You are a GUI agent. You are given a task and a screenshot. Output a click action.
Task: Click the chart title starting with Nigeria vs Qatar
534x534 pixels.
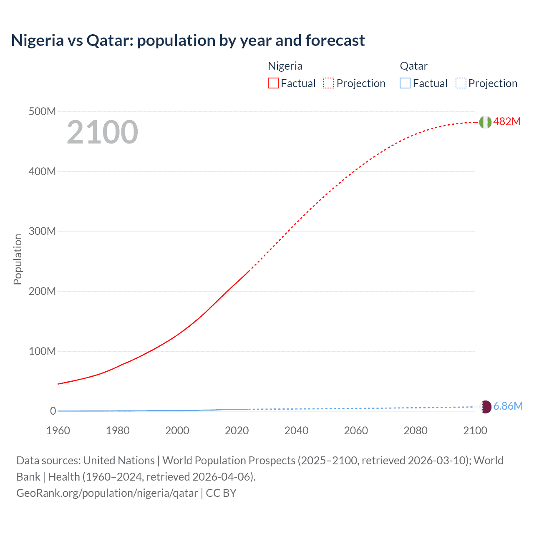coord(188,40)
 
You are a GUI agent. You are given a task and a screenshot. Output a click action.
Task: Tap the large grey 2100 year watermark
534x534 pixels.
coord(102,132)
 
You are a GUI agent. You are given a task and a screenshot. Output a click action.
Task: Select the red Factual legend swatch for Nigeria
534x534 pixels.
coord(273,83)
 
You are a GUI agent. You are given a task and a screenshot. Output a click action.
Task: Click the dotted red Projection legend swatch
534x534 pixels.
coord(329,83)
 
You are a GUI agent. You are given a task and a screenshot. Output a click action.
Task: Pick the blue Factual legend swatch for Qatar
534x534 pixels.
coord(405,83)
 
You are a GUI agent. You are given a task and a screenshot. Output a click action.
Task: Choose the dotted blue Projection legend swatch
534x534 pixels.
coord(461,83)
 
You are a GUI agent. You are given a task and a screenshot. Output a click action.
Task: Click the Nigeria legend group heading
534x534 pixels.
coord(285,66)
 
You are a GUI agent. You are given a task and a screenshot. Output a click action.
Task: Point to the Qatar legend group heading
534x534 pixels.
coord(413,66)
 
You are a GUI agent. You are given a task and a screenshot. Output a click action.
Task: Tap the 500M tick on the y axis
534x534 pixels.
coord(42,111)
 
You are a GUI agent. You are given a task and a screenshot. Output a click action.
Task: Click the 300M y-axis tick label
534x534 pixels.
coord(42,231)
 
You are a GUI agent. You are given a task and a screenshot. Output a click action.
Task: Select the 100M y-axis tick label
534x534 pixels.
coord(42,351)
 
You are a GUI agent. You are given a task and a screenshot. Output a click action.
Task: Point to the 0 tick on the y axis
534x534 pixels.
coord(53,411)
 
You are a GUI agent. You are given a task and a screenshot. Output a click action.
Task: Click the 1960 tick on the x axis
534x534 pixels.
coord(58,431)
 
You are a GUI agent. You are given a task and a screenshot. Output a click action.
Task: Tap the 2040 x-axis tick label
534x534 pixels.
coord(296,431)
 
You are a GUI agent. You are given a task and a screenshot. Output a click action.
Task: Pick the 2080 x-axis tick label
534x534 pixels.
coord(416,431)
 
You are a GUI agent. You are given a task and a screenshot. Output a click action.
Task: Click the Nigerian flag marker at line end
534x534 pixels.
coord(485,122)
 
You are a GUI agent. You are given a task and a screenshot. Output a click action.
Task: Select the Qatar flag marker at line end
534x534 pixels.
coord(486,407)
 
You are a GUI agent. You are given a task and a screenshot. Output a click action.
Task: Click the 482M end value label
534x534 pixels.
coord(507,121)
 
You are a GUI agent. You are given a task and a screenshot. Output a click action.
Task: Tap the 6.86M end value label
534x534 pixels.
coord(508,406)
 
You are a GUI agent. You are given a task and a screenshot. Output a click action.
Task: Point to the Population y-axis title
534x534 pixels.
coord(18,259)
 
